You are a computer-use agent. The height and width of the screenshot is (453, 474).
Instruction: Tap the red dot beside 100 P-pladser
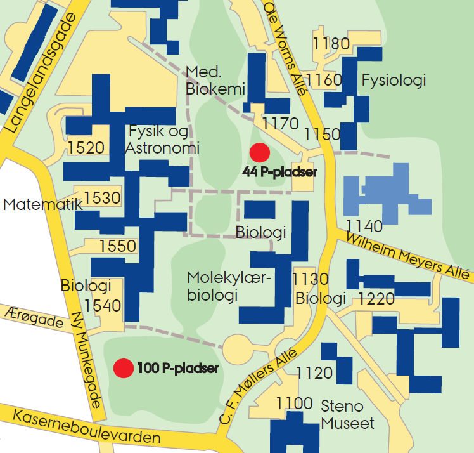click(123, 367)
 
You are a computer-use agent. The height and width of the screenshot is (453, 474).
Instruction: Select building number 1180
click(331, 44)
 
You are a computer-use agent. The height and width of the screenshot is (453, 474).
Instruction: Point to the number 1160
click(323, 80)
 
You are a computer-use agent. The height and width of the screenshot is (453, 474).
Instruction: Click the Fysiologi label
click(394, 81)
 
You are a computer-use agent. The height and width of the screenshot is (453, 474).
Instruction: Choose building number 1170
click(280, 122)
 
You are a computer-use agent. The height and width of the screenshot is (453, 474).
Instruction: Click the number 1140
click(364, 226)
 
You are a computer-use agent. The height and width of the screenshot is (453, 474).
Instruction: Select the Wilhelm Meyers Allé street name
click(408, 256)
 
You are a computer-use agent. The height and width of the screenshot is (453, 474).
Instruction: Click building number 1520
click(86, 148)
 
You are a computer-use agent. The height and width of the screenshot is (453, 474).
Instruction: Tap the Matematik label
click(42, 205)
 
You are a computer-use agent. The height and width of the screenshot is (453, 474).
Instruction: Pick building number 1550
click(118, 246)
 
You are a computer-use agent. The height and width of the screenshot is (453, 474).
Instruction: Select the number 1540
click(103, 306)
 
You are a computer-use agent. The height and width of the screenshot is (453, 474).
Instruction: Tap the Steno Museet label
click(347, 414)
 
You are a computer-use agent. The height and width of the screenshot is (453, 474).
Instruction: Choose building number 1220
click(376, 298)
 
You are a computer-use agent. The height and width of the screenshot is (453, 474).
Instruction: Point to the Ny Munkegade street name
click(87, 360)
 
